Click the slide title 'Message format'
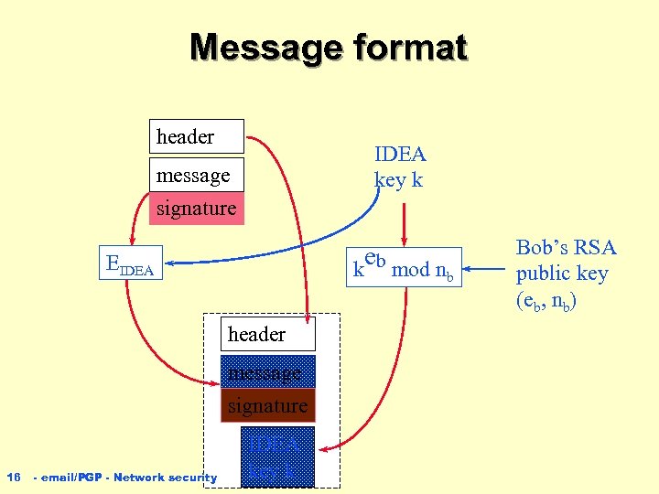pos(329,48)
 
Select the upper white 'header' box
pos(197,136)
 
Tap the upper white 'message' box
pos(197,174)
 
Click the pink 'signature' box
pos(197,209)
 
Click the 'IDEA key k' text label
pos(399,167)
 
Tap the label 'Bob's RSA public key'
pos(567,273)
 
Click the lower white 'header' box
pos(268,335)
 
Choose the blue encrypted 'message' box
pos(268,371)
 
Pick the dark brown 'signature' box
pos(268,404)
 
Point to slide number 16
pos(14,477)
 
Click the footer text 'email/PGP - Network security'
pos(124,478)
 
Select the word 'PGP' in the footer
pos(90,478)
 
